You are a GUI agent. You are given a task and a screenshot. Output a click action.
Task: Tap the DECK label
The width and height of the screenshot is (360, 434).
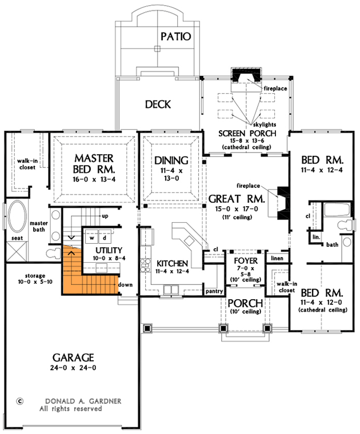pyautogui.click(x=158, y=105)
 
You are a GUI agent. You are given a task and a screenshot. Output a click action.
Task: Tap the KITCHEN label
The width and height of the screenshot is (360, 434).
pyautogui.click(x=172, y=263)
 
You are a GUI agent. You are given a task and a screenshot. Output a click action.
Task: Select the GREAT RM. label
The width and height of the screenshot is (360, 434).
pyautogui.click(x=236, y=199)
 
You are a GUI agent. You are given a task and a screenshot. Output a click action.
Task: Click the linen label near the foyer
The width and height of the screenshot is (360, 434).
pyautogui.click(x=277, y=259)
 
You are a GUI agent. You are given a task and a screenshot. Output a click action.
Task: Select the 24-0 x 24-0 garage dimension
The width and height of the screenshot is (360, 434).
pyautogui.click(x=71, y=368)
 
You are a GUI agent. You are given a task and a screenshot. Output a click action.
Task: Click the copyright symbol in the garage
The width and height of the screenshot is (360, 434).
pyautogui.click(x=20, y=401)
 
